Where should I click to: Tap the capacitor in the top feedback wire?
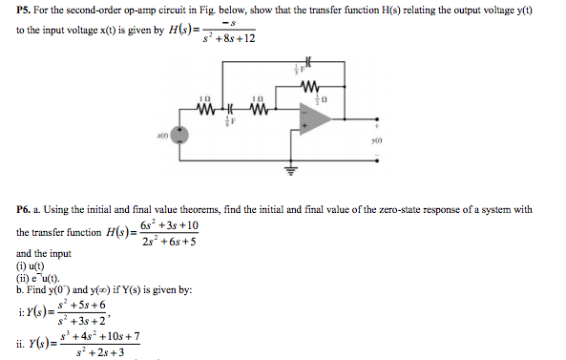click(x=304, y=66)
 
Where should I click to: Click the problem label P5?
click(x=26, y=10)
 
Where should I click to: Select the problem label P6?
click(x=26, y=209)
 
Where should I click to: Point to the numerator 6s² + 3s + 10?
click(x=168, y=225)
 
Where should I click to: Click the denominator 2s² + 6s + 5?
click(x=168, y=242)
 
